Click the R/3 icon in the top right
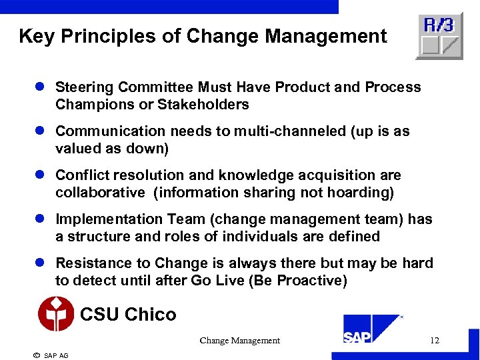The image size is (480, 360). coord(439,36)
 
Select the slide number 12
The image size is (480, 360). coord(435,341)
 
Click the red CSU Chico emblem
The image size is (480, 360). coord(56,314)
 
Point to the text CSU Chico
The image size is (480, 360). coord(128,314)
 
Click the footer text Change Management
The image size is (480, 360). coord(239,341)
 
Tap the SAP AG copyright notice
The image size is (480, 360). coord(51,355)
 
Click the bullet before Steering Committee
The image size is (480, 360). coord(40,87)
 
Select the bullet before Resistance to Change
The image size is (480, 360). coord(40,263)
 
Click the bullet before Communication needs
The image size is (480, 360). coord(40,131)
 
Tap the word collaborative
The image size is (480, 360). coord(100,193)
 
